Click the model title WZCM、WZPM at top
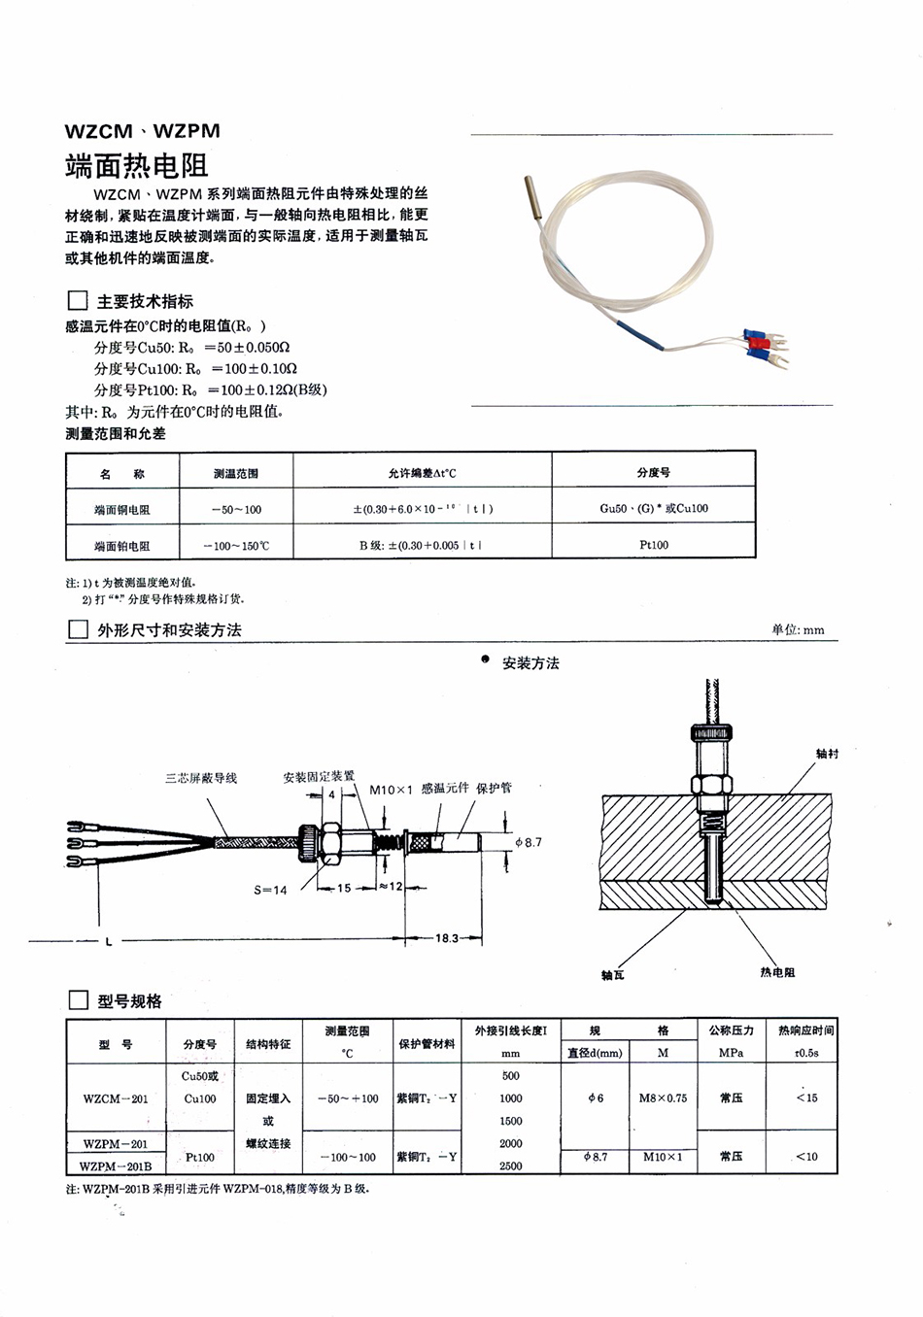tap(142, 131)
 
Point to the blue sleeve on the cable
tap(649, 335)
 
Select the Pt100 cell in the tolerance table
tap(654, 545)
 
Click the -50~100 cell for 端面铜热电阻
tap(236, 509)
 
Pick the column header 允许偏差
tap(422, 473)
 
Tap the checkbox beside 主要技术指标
tap(78, 301)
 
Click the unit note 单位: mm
tap(798, 629)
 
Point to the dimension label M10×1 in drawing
tap(391, 790)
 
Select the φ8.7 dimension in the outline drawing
tap(528, 842)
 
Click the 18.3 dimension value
tap(446, 938)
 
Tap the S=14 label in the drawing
tap(270, 890)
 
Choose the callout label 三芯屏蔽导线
tap(201, 778)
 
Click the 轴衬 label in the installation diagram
tap(827, 754)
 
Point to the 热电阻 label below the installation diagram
tap(777, 972)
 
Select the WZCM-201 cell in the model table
tap(116, 1098)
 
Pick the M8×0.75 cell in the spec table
tap(663, 1098)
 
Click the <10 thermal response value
tap(805, 1156)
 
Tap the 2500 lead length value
tap(510, 1165)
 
